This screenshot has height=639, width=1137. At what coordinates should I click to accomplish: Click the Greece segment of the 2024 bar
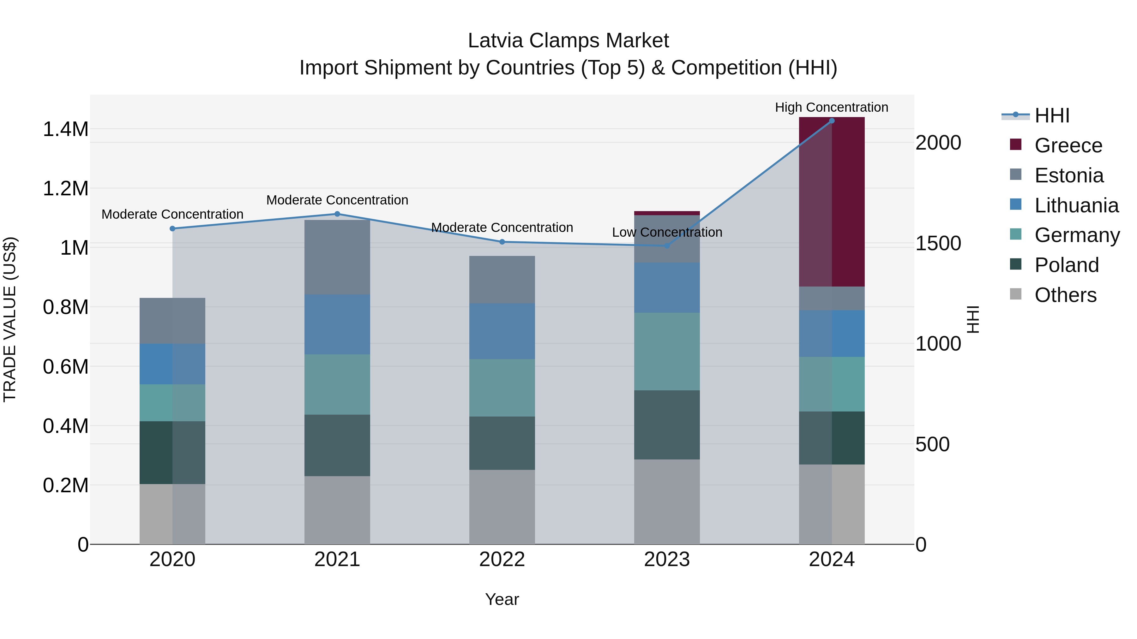(832, 202)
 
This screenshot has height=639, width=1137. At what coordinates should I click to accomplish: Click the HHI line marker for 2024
(832, 121)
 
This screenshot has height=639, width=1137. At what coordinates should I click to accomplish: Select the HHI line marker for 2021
(337, 214)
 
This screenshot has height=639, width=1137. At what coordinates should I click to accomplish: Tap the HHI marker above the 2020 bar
(172, 228)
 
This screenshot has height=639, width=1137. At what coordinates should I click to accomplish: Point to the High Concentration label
(831, 107)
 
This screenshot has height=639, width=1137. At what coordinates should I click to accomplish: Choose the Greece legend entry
(1068, 145)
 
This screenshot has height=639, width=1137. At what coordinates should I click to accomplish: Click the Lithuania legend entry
(1076, 205)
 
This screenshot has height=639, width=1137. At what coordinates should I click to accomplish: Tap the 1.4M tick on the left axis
(65, 129)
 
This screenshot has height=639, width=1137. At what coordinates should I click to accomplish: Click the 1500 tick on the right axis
(938, 243)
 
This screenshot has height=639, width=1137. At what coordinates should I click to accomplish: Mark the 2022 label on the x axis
(502, 559)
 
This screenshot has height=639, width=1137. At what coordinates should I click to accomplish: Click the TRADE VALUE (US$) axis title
(10, 319)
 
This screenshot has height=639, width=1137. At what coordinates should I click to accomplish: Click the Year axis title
(502, 599)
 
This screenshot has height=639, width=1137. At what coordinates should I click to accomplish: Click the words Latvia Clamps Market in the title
(568, 41)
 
